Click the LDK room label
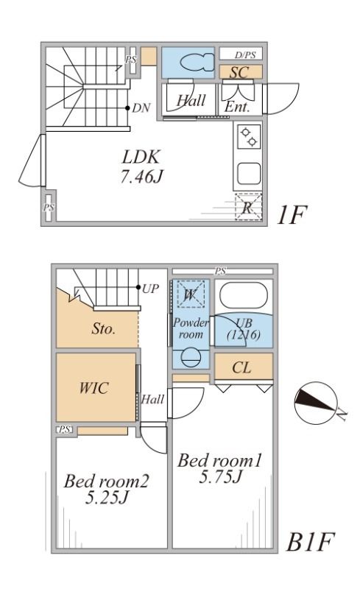pyautogui.click(x=141, y=157)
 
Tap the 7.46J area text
pyautogui.click(x=141, y=177)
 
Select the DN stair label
pyautogui.click(x=141, y=108)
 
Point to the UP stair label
pyautogui.click(x=150, y=287)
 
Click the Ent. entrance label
pyautogui.click(x=237, y=107)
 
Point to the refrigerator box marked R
pyautogui.click(x=248, y=208)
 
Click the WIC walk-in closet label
pyautogui.click(x=94, y=388)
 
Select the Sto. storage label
pyautogui.click(x=103, y=329)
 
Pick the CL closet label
pyautogui.click(x=242, y=367)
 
